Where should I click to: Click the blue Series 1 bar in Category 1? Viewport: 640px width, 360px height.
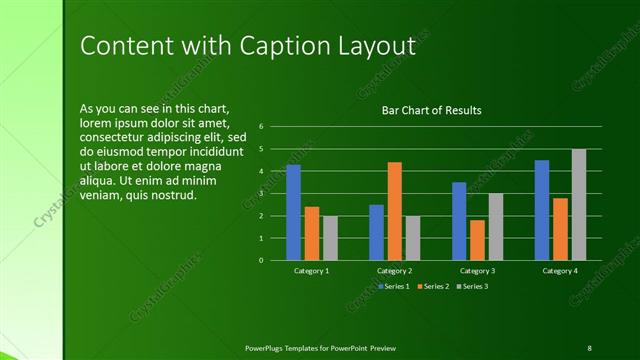coord(294,212)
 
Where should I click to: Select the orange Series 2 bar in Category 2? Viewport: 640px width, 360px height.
coord(394,211)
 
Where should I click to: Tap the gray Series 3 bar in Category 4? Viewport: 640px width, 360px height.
coord(579,204)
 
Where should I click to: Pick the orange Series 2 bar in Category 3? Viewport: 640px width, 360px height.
coord(477,240)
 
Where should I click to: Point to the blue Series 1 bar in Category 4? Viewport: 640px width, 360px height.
coord(542,210)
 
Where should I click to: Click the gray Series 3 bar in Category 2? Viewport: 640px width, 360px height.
coord(413,238)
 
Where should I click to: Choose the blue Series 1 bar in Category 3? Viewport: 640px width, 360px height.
coord(459,221)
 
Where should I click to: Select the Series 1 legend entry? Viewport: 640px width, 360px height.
coord(392,286)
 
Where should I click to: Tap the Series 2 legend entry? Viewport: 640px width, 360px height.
coord(432,286)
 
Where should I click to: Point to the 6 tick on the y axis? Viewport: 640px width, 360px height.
coord(260,126)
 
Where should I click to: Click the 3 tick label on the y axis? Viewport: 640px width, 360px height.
coord(260,193)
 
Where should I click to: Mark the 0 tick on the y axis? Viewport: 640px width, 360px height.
coord(260,260)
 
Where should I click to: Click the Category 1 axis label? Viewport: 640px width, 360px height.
coord(311,271)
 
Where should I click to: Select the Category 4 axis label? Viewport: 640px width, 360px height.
coord(560,271)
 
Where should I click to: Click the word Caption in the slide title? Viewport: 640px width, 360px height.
coord(280,46)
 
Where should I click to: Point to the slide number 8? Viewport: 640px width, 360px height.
coord(589,347)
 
